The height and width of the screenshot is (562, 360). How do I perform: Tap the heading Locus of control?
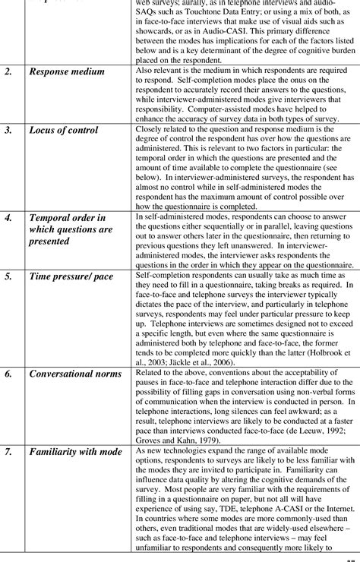(x=64, y=131)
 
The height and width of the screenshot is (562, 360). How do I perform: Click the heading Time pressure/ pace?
(x=71, y=276)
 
